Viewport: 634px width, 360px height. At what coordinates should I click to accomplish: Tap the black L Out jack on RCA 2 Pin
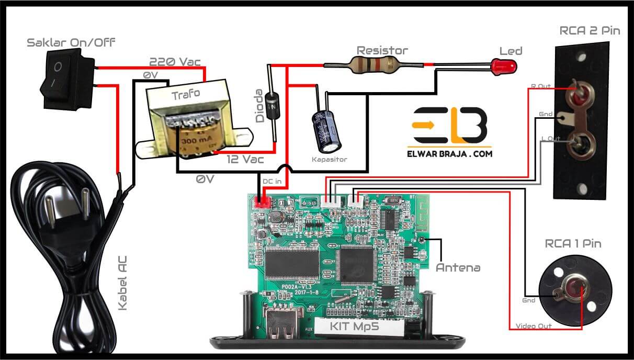pos(580,145)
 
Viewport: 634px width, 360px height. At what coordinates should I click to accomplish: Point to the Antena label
pos(458,267)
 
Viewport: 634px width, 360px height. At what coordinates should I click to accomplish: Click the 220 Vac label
pos(175,61)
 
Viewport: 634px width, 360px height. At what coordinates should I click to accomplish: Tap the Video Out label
pos(534,326)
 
